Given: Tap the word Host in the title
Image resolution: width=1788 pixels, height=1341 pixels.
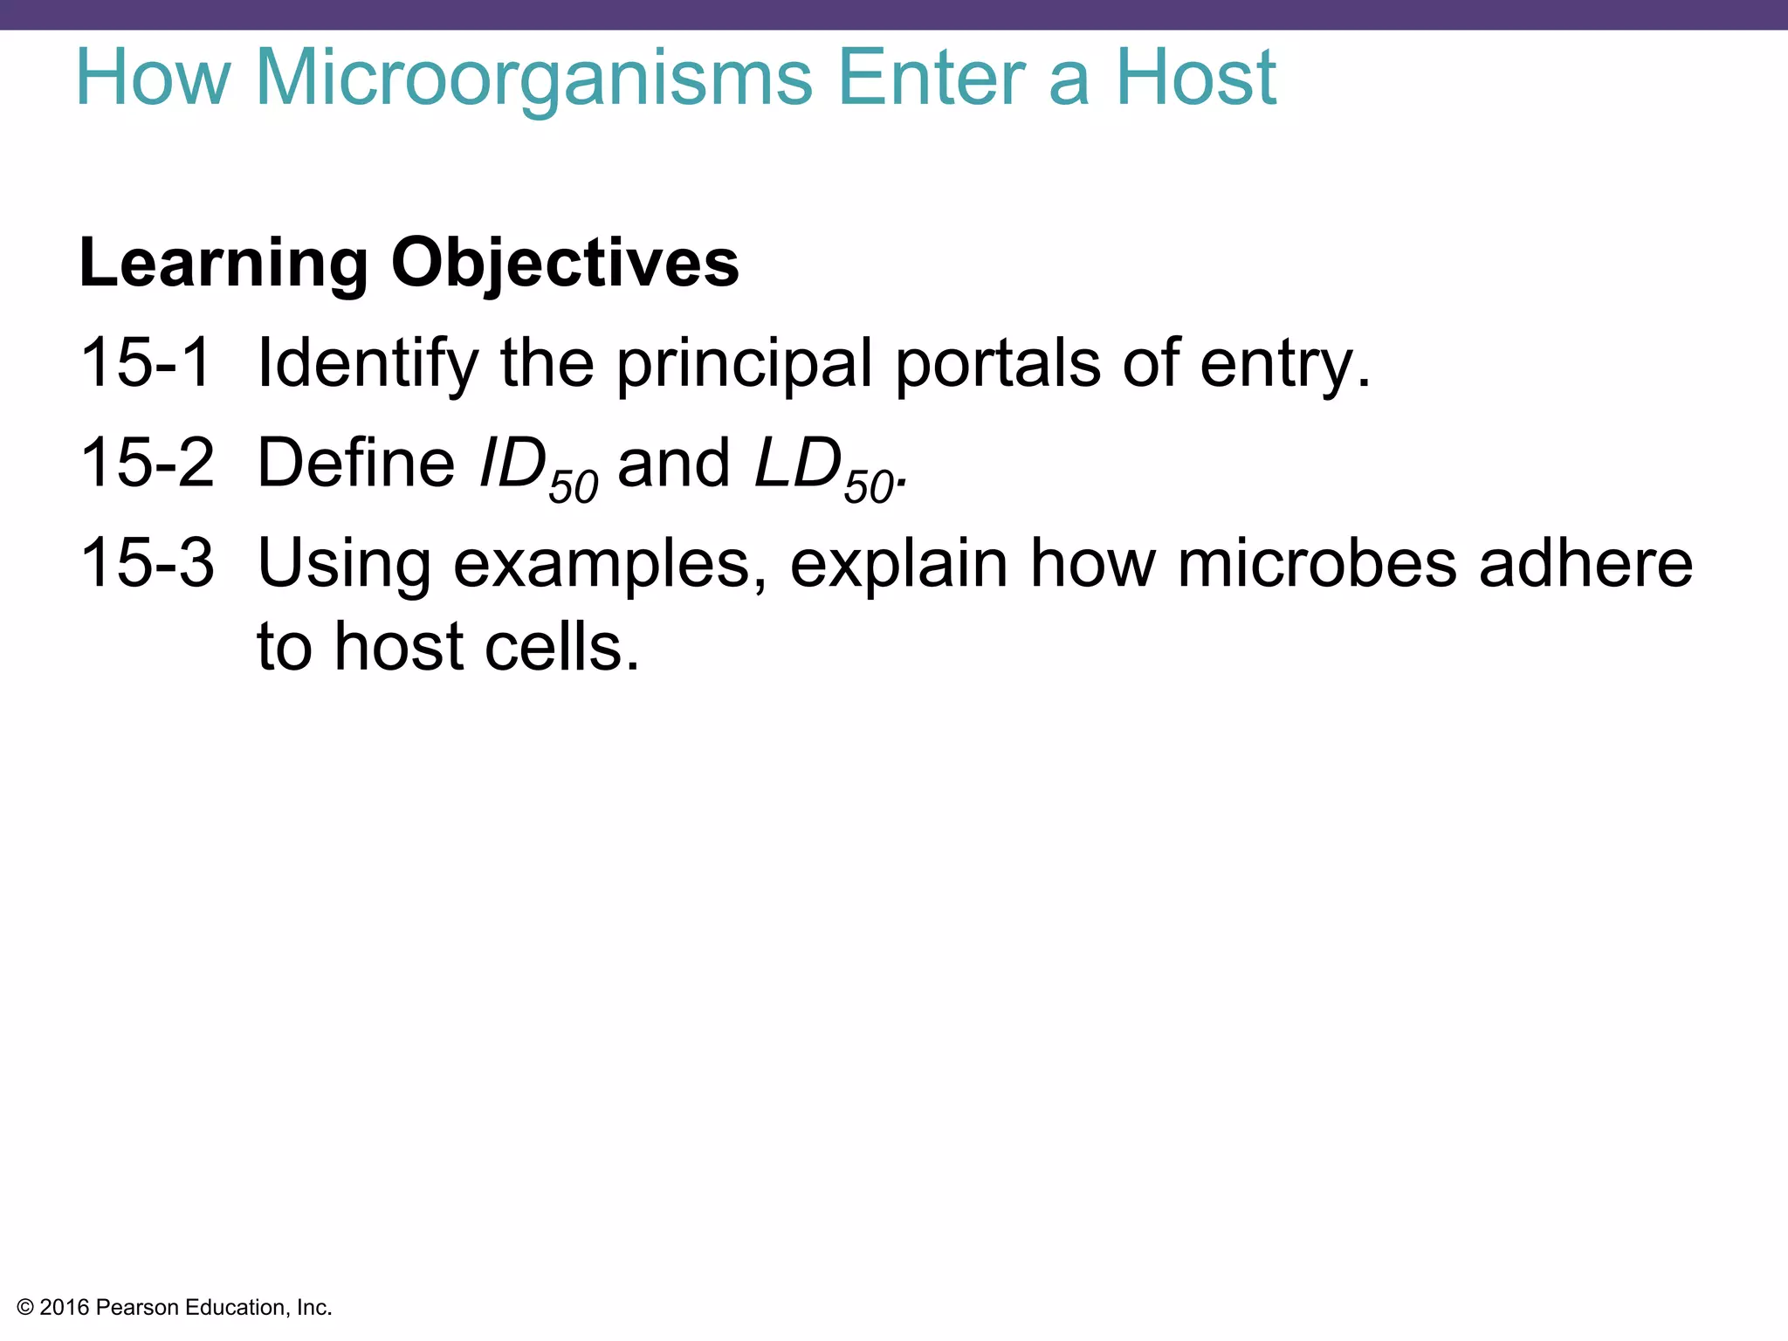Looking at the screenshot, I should click(x=1196, y=79).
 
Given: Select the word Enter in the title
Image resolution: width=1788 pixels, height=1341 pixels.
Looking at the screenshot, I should click(x=931, y=79).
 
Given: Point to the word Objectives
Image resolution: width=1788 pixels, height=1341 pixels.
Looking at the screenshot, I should click(x=565, y=263).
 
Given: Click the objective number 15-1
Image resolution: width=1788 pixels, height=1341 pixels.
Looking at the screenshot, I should click(x=146, y=363).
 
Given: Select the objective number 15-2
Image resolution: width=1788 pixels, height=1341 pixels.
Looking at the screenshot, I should click(x=146, y=463).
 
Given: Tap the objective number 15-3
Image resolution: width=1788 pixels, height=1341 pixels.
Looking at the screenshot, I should click(x=146, y=563).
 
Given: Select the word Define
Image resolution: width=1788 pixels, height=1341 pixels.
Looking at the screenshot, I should click(x=355, y=463).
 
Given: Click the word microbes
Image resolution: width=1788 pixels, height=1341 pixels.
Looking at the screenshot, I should click(x=1317, y=563).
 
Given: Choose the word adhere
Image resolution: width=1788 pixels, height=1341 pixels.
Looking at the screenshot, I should click(x=1585, y=563).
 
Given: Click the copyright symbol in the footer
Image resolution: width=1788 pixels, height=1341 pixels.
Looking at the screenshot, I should click(x=25, y=1308).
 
